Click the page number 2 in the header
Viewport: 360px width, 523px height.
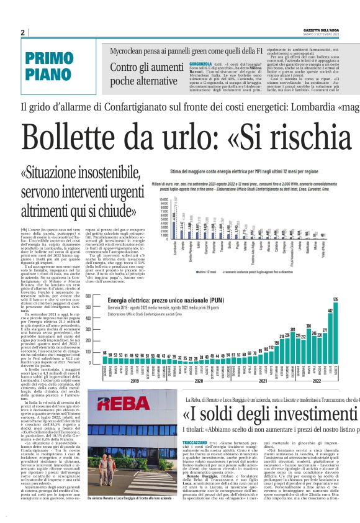(22, 32)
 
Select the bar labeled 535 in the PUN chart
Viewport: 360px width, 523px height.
(335, 324)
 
